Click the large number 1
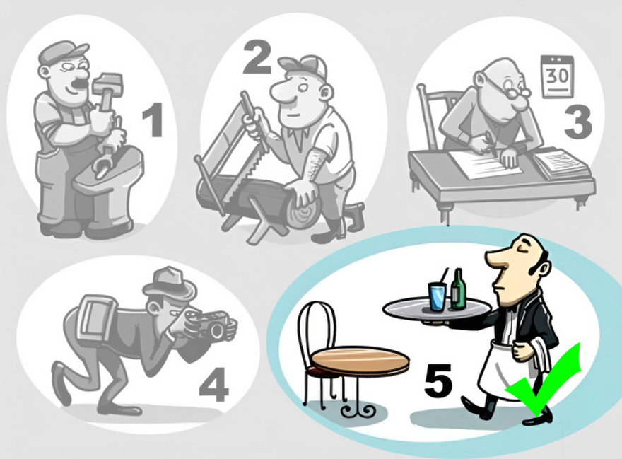tap(153, 120)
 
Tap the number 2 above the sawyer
tap(257, 58)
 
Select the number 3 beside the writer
tap(577, 123)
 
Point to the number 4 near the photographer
tap(213, 385)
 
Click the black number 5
tap(438, 380)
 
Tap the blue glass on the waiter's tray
tap(438, 296)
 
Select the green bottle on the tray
tap(458, 289)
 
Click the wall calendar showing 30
tap(558, 77)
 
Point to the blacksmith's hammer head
tap(107, 83)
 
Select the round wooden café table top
tap(360, 360)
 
